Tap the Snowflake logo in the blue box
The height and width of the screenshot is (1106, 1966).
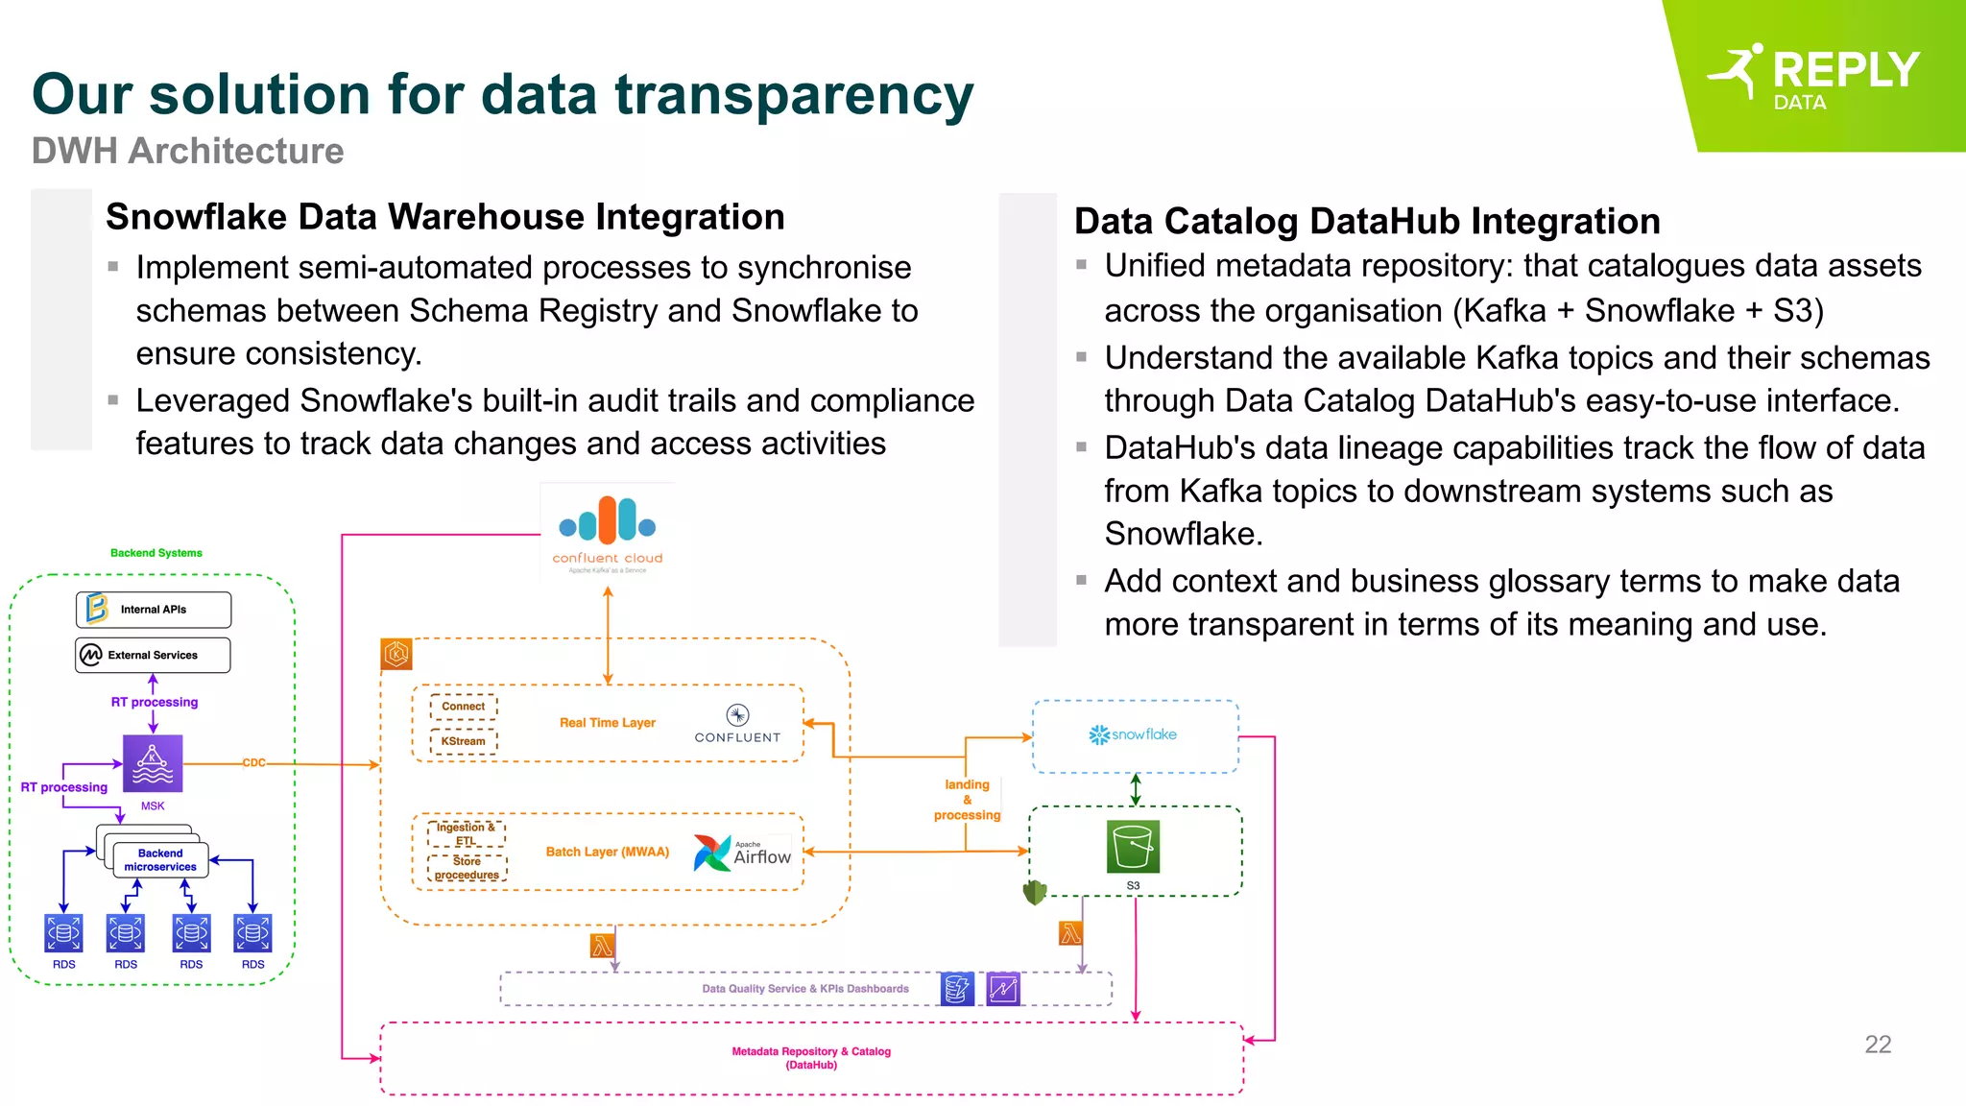1133,734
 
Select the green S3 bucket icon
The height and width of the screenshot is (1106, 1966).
1133,846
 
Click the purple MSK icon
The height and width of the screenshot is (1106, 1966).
153,763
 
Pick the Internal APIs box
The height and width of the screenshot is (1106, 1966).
154,610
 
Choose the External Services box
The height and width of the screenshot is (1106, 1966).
154,655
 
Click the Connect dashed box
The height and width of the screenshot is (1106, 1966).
464,707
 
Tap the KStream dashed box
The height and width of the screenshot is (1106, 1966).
464,741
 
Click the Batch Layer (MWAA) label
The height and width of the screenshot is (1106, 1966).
607,852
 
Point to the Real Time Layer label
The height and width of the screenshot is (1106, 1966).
607,723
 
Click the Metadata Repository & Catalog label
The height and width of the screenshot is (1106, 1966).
811,1058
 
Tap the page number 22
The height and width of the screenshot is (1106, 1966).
1877,1045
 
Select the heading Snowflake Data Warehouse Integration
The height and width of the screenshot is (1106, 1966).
444,217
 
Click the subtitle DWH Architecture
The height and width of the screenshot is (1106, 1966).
187,152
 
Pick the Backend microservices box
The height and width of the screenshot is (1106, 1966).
160,859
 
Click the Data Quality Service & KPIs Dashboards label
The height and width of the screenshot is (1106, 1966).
804,989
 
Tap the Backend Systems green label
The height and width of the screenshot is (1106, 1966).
156,553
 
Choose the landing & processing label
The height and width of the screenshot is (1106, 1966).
967,800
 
